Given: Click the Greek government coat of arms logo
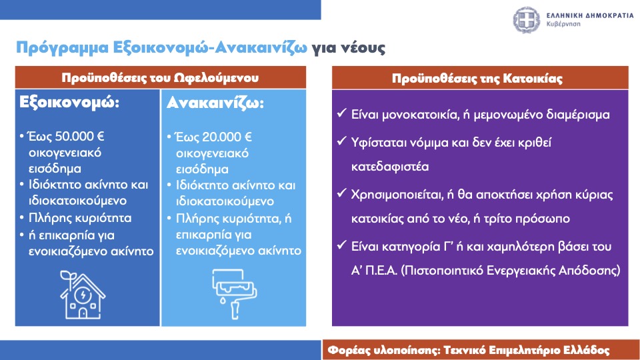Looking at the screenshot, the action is pos(526,19).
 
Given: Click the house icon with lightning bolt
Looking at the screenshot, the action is pos(83,294).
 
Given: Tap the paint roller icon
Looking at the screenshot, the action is pos(234,293).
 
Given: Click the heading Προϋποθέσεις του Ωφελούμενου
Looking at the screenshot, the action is pos(160,77).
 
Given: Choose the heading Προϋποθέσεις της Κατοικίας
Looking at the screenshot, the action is pos(477,79).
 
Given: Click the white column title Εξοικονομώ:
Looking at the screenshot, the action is pos(69,102).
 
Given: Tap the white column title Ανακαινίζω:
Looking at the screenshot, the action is pos(215,103).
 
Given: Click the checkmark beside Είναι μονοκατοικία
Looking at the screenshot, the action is pos(341,113).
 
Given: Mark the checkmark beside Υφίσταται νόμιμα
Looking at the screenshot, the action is pos(341,141).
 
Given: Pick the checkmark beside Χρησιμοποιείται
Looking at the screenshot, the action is pos(341,193).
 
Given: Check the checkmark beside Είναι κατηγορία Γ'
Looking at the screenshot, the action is pos(341,245).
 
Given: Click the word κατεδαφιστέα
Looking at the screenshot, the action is pos(390,167).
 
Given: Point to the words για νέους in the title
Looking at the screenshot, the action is pos(349,48).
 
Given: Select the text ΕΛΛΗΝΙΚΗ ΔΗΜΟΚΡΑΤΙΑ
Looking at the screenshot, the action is pos(590,15).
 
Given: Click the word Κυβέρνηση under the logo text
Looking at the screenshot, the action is pos(563,24).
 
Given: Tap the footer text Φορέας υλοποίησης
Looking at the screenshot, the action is pos(383,350).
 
